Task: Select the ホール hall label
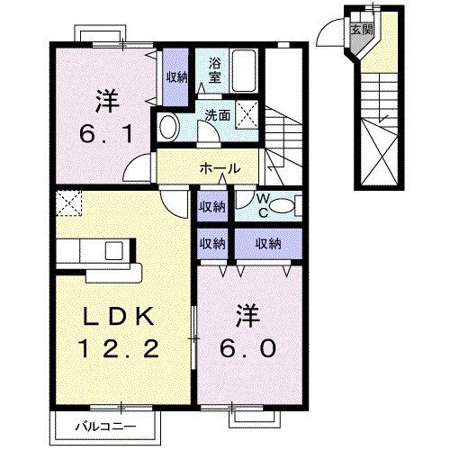click(220, 168)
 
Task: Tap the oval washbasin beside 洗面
click(170, 128)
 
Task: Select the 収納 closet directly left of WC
click(213, 207)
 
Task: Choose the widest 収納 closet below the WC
click(266, 243)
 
